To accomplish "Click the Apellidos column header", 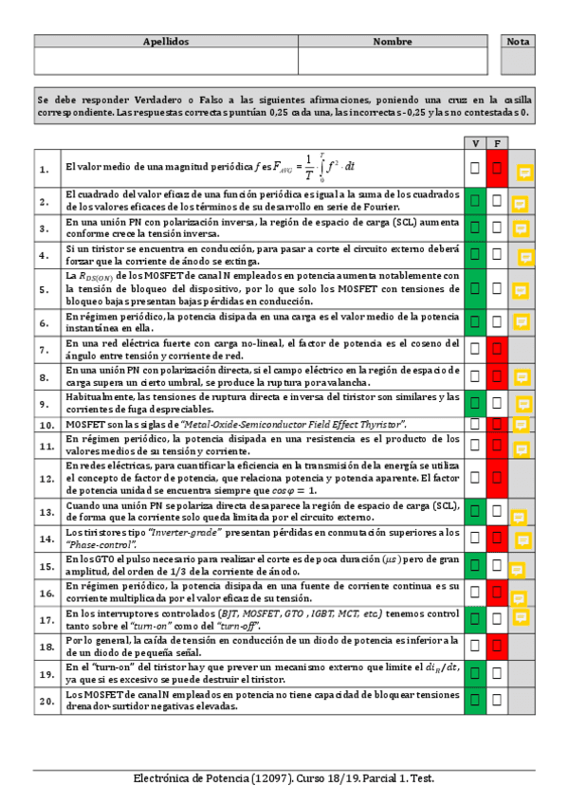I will (166, 42).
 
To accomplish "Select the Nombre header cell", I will (392, 42).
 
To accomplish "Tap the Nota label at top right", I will (518, 42).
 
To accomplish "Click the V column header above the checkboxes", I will (474, 142).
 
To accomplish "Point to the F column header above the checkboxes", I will (497, 142).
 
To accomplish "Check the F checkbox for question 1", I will (497, 168).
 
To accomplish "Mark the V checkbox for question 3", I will (474, 228).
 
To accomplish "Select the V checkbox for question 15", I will (474, 566).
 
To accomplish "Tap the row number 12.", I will (45, 480).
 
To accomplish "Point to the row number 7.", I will (45, 350).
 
